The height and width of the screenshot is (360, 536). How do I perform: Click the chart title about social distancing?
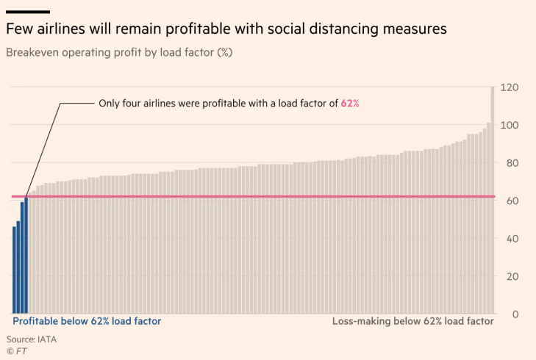coord(226,30)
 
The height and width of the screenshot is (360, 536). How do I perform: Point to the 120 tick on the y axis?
coord(509,87)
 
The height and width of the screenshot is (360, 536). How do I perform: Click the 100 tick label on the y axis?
coord(509,125)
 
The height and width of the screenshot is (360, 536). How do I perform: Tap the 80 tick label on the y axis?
coord(510,163)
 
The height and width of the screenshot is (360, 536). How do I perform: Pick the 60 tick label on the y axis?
coord(510,201)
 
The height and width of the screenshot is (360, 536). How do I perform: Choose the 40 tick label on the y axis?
coord(510,238)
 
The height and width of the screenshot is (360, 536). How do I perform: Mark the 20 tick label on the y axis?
coord(510,276)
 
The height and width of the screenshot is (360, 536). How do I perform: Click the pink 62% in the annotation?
coord(350,104)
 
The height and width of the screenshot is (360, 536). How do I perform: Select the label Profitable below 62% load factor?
coord(87,321)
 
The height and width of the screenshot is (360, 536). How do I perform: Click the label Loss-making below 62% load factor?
coord(412,321)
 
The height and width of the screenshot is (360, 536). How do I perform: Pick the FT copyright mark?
coord(18,351)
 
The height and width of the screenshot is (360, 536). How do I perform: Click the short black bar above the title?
coord(28,12)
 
